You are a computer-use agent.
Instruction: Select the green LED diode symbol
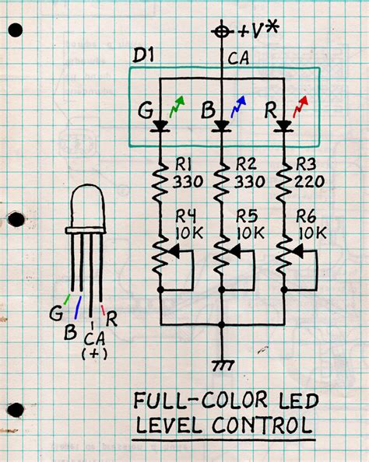161,124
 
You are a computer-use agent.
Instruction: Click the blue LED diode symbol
223,124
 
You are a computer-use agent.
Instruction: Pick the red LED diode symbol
283,124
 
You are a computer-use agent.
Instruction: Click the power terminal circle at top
223,31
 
